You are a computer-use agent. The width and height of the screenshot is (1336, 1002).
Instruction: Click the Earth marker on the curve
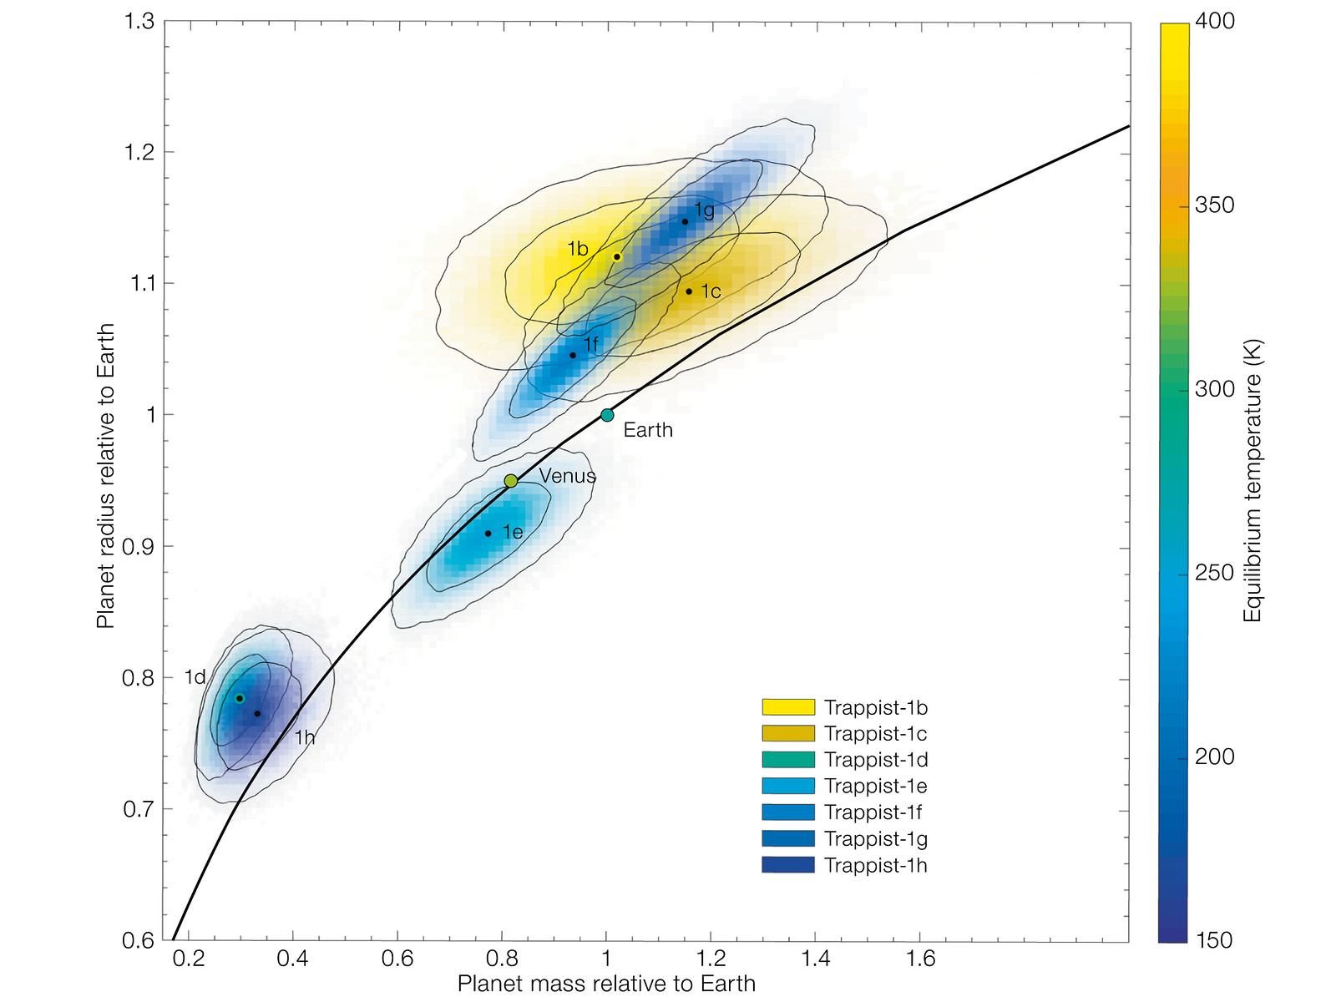607,415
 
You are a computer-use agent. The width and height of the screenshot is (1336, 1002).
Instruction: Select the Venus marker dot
511,481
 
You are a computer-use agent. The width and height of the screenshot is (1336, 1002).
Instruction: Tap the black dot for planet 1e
488,534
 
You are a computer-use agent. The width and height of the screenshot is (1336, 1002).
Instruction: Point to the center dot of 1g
686,221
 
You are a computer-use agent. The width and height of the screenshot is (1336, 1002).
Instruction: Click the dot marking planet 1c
689,291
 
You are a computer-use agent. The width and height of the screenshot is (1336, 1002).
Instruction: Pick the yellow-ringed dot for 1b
617,257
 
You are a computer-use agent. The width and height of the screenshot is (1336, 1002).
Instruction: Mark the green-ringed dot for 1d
240,698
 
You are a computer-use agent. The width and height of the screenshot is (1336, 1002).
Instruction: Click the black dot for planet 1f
573,356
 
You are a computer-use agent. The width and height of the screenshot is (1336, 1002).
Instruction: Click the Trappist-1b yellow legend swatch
787,707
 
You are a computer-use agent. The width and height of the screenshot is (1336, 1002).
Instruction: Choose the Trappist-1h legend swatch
787,865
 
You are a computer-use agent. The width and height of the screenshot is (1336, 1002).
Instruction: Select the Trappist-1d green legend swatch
787,760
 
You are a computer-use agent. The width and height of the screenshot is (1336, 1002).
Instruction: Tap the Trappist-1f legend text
873,812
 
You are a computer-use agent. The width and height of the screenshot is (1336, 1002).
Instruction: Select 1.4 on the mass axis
816,959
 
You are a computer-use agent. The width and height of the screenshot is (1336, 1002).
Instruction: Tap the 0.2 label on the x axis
189,959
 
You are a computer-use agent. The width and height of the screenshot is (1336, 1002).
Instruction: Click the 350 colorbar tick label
1214,205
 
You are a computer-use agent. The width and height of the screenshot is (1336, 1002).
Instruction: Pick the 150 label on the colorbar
1214,940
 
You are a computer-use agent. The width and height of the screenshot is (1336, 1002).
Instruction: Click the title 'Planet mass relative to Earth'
606,984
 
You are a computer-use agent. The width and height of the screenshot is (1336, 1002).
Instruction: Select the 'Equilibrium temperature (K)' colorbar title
1252,480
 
